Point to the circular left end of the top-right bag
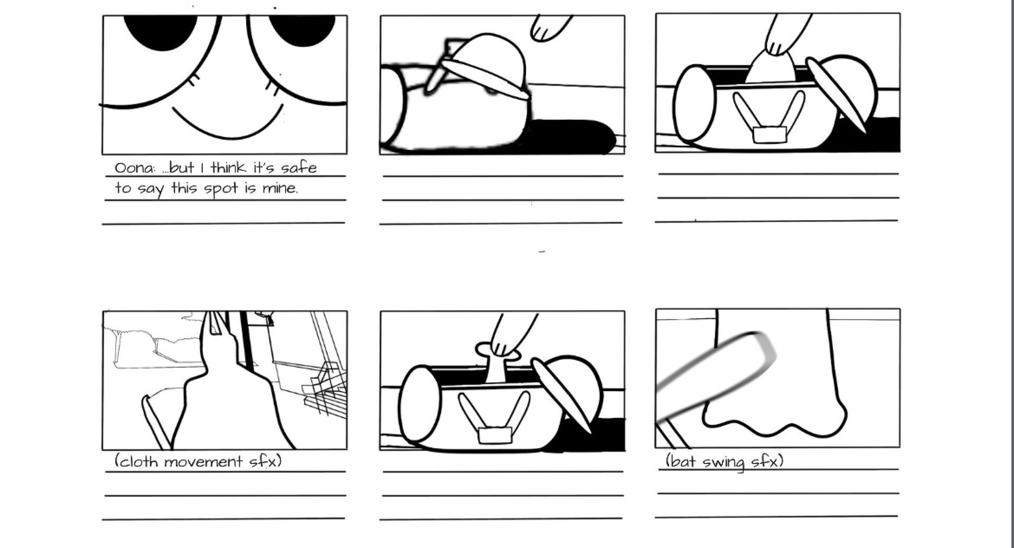click(696, 103)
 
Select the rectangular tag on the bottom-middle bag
click(495, 435)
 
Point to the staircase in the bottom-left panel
click(324, 391)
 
